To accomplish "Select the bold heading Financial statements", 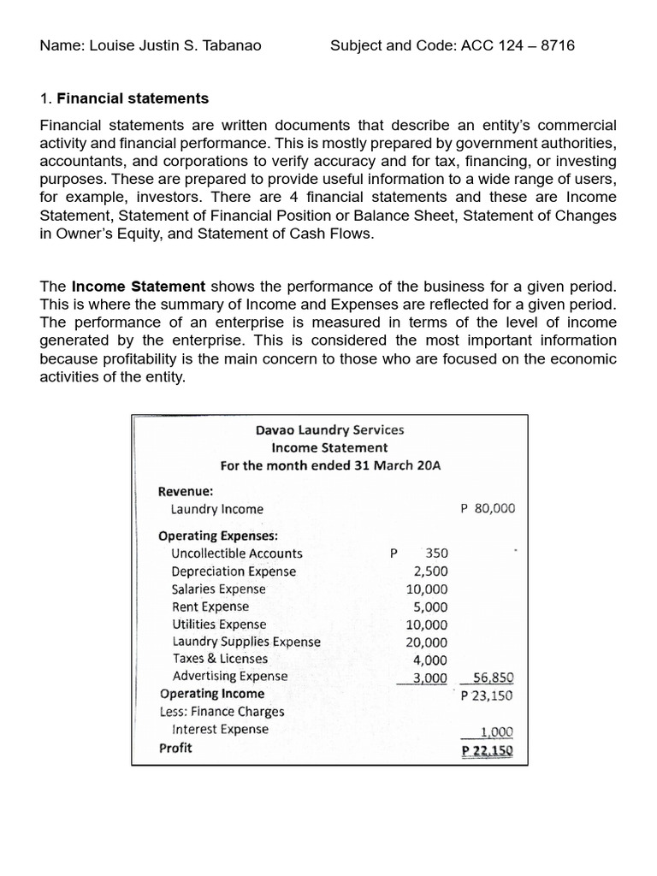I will tap(133, 99).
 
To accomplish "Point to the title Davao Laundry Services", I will tap(329, 430).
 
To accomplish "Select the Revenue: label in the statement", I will tap(186, 491).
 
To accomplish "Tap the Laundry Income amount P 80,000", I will tap(488, 508).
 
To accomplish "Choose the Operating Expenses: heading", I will tap(218, 536).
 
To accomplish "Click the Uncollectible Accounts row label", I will tap(237, 553).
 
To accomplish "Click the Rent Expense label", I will tap(210, 607).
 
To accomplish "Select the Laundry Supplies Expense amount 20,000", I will tap(426, 642).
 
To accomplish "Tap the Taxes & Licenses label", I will tap(220, 659).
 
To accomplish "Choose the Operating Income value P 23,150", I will tap(487, 695).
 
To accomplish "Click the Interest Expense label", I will tap(220, 730).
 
